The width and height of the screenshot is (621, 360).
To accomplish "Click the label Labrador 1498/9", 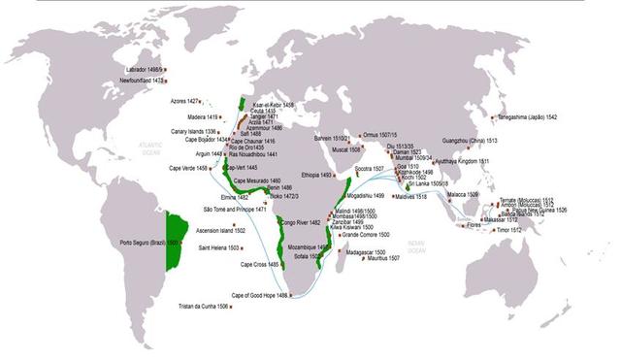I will pyautogui.click(x=146, y=69).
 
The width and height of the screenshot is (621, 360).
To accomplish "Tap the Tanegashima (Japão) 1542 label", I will pyautogui.click(x=525, y=117).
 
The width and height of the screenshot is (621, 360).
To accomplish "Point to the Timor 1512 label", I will pyautogui.click(x=508, y=230).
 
